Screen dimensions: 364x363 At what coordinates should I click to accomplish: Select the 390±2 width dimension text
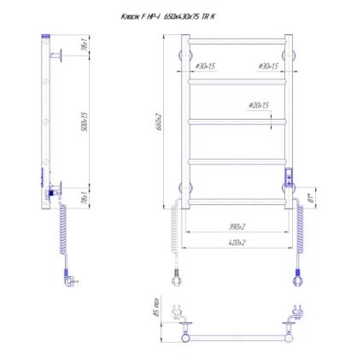237,226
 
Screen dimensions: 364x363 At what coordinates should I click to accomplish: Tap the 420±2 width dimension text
237,242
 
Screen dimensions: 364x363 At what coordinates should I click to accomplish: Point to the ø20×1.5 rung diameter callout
259,105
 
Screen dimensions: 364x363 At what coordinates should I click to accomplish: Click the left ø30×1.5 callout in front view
205,66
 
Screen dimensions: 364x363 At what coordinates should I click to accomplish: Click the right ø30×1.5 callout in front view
267,66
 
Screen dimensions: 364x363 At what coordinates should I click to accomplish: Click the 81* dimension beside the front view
310,198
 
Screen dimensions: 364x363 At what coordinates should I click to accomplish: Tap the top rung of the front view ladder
237,40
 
